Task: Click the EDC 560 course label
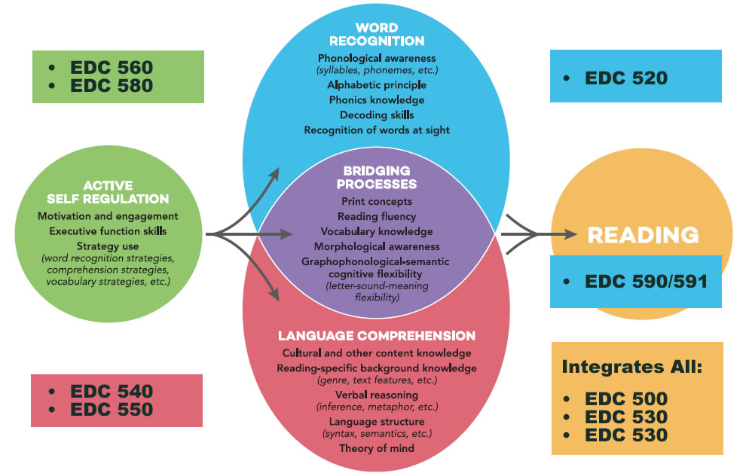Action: (112, 66)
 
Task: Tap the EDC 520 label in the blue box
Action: (626, 78)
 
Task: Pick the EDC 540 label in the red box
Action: (112, 392)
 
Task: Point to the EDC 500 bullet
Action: (626, 399)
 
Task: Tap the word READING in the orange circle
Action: (643, 235)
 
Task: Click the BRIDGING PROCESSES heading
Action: (376, 177)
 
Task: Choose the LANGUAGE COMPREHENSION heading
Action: (376, 335)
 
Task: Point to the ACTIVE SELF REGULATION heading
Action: (109, 192)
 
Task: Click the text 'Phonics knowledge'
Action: (376, 99)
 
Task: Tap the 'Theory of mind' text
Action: (376, 448)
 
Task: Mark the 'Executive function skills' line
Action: (109, 230)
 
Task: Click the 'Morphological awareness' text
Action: (376, 246)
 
